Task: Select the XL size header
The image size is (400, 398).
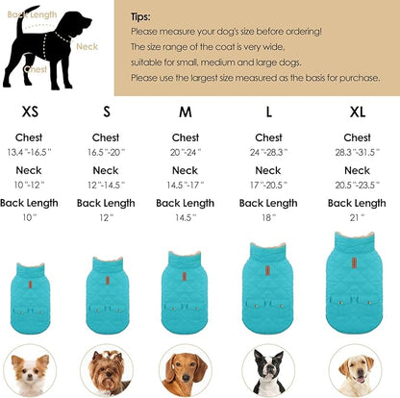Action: click(357, 112)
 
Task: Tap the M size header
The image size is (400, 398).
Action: click(186, 112)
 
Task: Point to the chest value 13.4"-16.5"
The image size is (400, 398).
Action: click(29, 151)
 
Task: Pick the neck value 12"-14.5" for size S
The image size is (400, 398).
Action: click(106, 184)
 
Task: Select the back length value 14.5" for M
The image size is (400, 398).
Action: click(186, 218)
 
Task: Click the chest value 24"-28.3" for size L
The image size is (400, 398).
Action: click(269, 151)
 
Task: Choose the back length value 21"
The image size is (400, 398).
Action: click(357, 218)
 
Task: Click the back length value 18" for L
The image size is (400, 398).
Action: click(269, 218)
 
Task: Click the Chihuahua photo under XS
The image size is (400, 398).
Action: click(30, 370)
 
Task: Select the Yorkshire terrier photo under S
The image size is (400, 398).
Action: click(108, 370)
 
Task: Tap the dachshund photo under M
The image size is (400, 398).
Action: click(187, 370)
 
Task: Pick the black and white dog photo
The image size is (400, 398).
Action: click(268, 370)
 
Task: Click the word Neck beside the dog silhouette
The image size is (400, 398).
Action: click(87, 46)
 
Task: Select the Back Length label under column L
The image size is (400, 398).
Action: click(269, 203)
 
